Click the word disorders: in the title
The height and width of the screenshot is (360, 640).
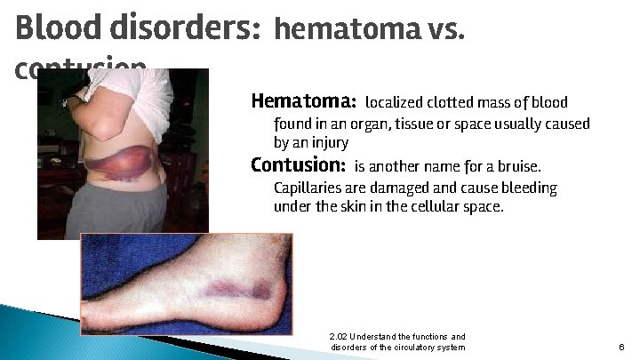coord(184,30)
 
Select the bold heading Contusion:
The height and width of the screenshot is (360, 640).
coord(298,165)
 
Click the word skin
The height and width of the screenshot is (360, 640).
coord(355,206)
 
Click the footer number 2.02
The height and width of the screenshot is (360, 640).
coord(338,337)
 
